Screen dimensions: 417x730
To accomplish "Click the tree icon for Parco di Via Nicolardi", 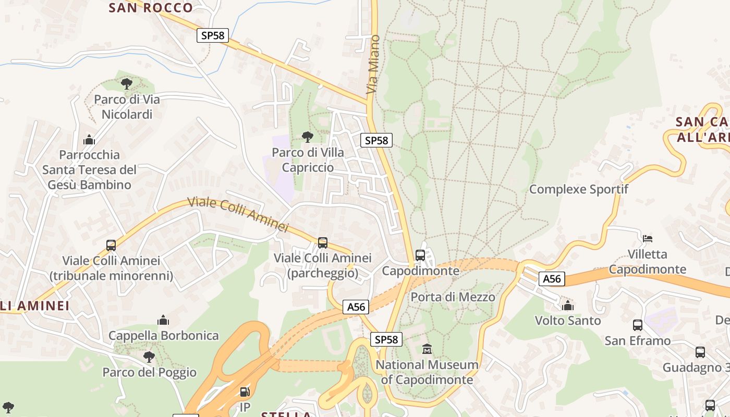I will click(126, 83).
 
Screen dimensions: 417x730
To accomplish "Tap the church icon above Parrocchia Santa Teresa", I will click(89, 140).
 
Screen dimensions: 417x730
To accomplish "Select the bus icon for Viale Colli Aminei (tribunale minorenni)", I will click(111, 245).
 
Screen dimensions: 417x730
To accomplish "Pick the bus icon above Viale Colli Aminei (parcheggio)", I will click(323, 242).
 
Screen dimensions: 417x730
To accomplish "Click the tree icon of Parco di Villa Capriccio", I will click(308, 137).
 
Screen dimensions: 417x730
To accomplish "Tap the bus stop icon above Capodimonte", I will click(420, 255).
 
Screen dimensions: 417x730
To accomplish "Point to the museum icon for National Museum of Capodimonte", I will click(427, 349).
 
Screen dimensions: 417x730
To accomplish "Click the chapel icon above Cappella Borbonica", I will click(163, 320).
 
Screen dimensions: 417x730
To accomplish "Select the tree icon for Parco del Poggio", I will click(149, 357).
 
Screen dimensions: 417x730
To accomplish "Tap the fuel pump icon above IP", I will click(244, 391).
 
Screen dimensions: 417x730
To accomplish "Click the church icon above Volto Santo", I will click(568, 305).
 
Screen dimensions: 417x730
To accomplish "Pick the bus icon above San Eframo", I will click(637, 325).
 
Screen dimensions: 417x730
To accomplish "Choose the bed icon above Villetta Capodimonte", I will click(648, 239).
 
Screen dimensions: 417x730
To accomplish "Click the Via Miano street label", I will click(373, 65).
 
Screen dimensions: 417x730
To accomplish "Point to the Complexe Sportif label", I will click(579, 189).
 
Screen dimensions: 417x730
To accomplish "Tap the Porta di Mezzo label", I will click(453, 297).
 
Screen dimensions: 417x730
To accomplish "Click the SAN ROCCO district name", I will click(151, 8).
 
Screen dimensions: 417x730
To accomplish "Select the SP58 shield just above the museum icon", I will click(386, 339).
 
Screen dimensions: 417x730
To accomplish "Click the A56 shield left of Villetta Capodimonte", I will click(552, 279).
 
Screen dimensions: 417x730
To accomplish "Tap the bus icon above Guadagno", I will click(700, 352).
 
